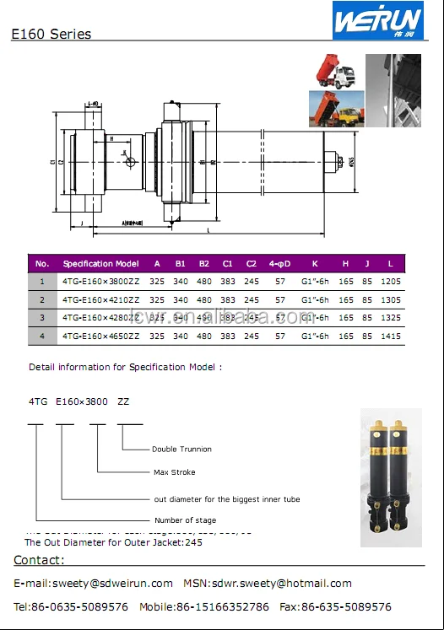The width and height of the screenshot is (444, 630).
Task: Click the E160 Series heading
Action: pyautogui.click(x=51, y=35)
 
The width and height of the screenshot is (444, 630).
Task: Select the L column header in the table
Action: pyautogui.click(x=390, y=263)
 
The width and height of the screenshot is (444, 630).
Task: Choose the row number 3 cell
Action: pyautogui.click(x=43, y=318)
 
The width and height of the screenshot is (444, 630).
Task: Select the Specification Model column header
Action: pyautogui.click(x=100, y=263)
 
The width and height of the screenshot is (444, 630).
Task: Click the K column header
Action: pyautogui.click(x=315, y=263)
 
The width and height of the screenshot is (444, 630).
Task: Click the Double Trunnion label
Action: pyautogui.click(x=181, y=450)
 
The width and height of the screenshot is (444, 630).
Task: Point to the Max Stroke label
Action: pyautogui.click(x=174, y=472)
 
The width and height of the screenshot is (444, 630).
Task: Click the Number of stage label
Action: pyautogui.click(x=185, y=520)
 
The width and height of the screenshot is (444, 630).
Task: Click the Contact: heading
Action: pyautogui.click(x=38, y=561)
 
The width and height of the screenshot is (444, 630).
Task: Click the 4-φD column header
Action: pyautogui.click(x=279, y=263)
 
